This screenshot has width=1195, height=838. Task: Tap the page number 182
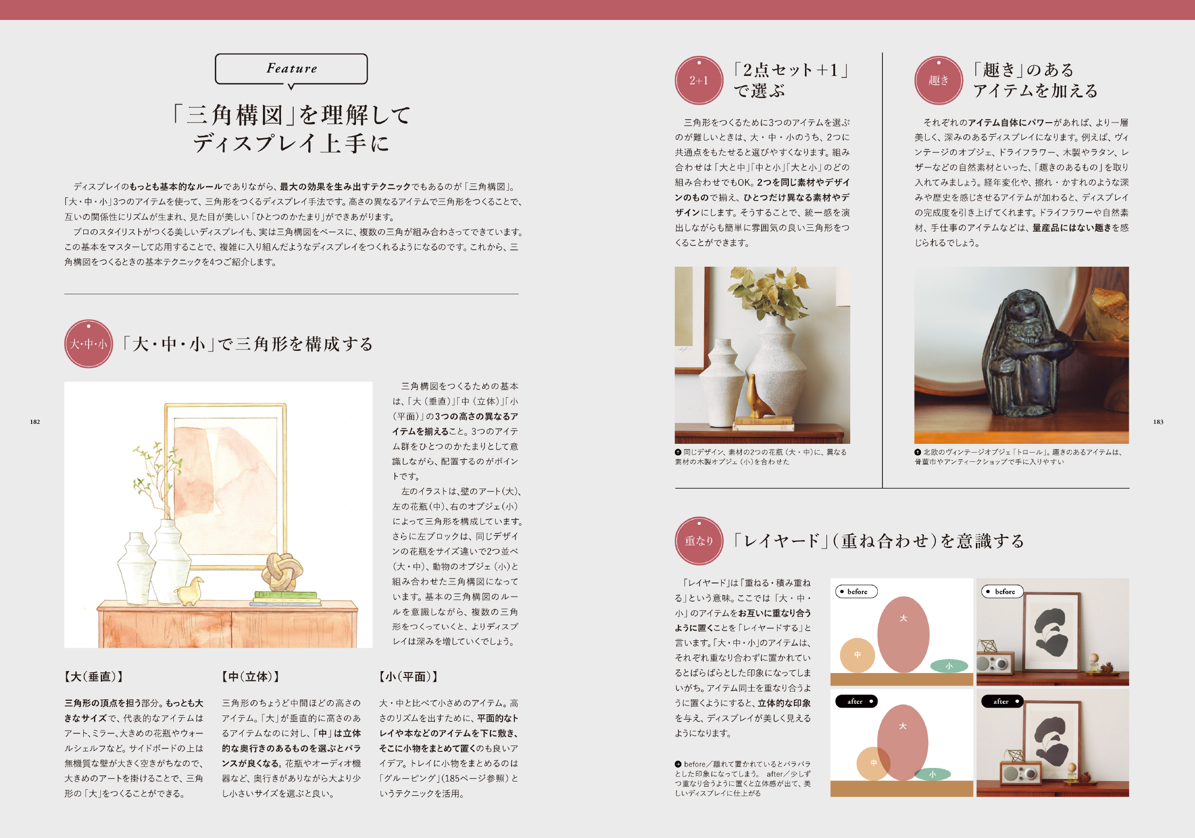[35, 422]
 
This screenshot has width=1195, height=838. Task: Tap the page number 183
[1158, 422]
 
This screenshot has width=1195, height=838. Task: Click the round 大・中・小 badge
[89, 344]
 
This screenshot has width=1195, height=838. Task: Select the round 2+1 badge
[699, 80]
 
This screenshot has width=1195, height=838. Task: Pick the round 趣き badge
[938, 80]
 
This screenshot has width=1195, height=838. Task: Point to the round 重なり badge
[699, 541]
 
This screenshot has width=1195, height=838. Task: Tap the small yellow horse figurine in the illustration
[189, 591]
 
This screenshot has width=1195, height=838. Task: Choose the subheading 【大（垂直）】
[93, 677]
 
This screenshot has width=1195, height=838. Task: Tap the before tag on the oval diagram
[856, 591]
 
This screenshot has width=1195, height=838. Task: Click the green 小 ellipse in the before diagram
[949, 666]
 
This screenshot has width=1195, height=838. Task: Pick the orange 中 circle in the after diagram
[873, 763]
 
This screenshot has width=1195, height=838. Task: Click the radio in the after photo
[1020, 773]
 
